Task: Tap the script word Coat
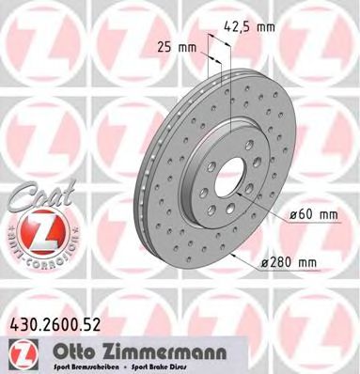click(36, 196)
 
